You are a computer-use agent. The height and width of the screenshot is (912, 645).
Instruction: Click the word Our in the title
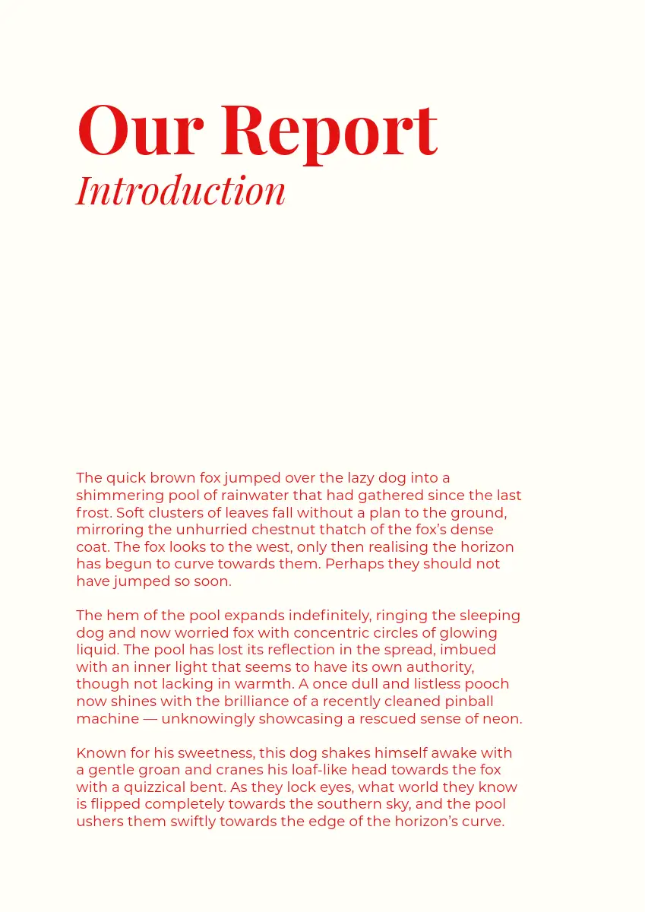tap(141, 130)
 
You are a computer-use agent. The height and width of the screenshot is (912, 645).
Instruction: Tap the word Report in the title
tap(329, 130)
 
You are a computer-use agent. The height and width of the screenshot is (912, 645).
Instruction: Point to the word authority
tap(435, 667)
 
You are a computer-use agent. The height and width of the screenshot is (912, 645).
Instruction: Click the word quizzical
tap(151, 787)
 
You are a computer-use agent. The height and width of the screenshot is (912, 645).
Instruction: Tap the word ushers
tap(97, 822)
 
